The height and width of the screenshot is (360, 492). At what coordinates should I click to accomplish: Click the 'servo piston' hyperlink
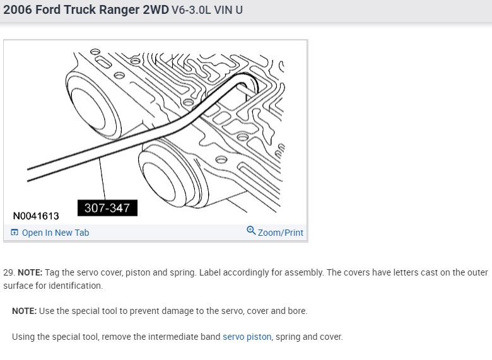[247, 337]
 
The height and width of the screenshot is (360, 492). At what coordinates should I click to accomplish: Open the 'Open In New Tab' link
[56, 233]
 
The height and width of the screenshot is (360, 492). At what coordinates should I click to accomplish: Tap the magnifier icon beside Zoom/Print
[251, 231]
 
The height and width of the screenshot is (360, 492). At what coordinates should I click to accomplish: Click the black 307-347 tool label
[107, 208]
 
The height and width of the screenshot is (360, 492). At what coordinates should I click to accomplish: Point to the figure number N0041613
[36, 216]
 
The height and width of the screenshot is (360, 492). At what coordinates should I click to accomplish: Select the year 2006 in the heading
[18, 11]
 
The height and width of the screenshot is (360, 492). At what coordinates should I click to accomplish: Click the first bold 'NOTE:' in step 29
[30, 272]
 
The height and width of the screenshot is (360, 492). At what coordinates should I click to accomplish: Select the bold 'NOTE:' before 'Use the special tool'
[25, 311]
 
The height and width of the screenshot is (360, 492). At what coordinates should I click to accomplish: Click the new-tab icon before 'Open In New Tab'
[15, 233]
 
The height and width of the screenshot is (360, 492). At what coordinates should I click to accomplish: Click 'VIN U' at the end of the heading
[230, 11]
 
